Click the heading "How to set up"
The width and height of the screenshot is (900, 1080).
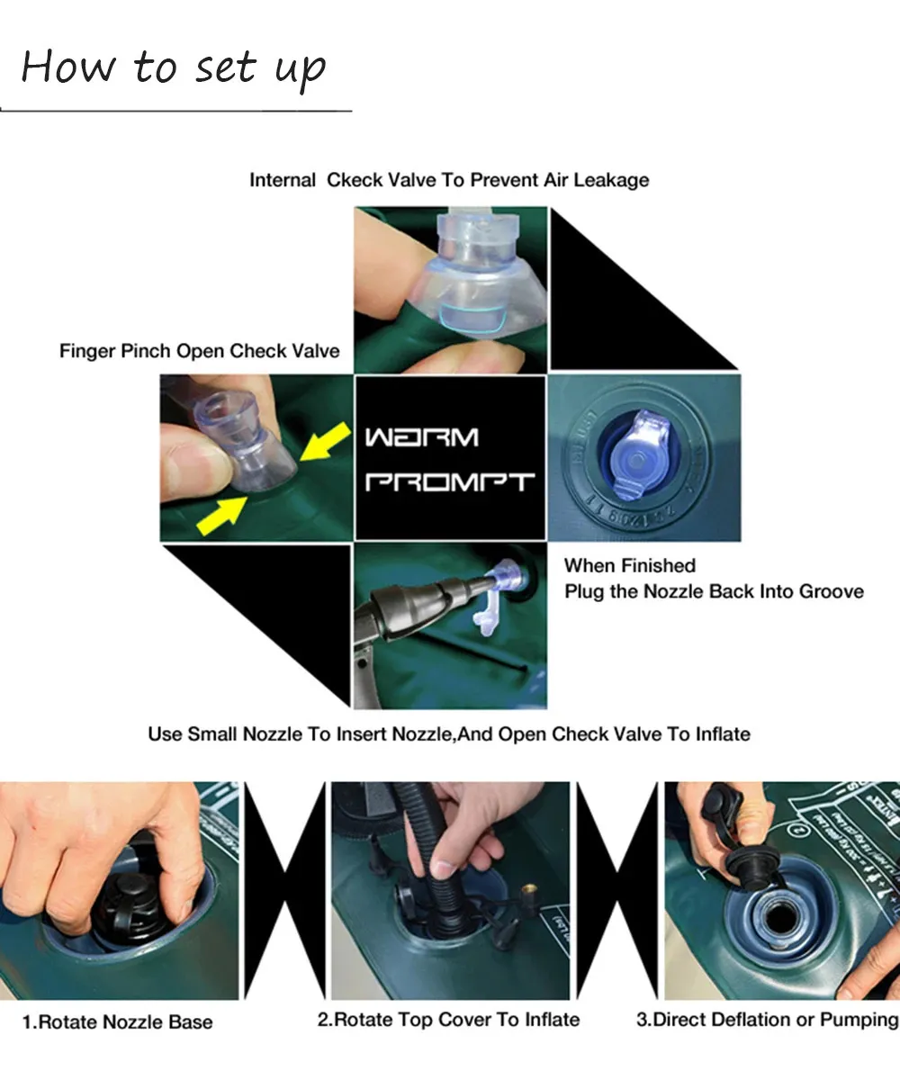tap(174, 68)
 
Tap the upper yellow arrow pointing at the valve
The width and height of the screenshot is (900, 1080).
tap(325, 441)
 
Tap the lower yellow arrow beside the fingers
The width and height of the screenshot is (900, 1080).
tap(222, 515)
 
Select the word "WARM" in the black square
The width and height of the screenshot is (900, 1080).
tap(421, 437)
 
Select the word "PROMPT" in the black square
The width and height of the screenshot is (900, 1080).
tap(449, 481)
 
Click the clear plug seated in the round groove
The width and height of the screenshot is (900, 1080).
tap(638, 455)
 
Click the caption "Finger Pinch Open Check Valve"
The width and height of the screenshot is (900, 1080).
tap(200, 351)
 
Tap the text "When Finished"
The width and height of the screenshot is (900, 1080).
tap(630, 566)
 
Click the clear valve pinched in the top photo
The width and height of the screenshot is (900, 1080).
tap(479, 279)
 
